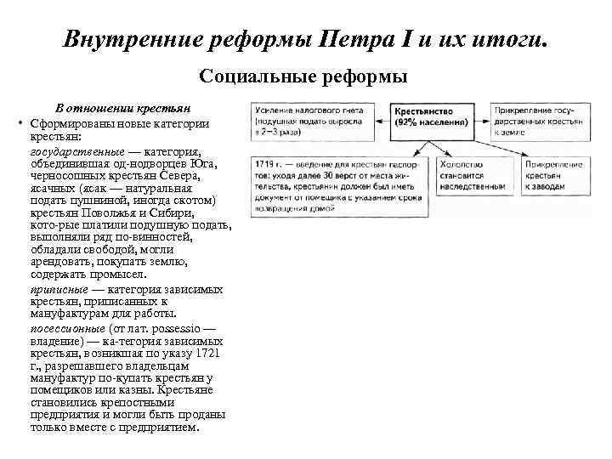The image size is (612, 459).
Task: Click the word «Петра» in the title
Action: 352,40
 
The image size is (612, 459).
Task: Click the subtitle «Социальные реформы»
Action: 304,76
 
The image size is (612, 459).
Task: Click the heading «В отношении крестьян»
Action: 122,109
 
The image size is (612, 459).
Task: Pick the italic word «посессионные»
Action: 67,327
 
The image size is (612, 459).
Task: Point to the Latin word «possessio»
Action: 180,327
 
